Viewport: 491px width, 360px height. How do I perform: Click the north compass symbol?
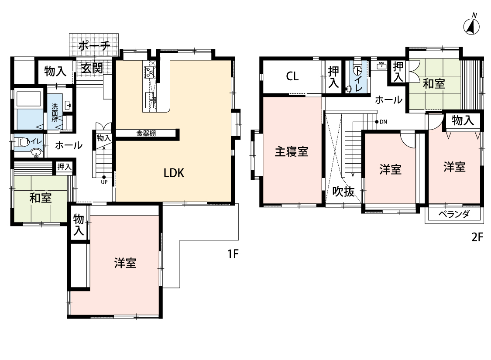coord(472,25)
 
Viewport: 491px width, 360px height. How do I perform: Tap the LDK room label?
coord(174,173)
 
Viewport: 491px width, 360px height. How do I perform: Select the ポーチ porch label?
coord(94,46)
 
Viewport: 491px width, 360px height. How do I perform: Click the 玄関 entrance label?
coord(92,69)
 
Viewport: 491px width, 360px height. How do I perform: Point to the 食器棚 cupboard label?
coord(146,134)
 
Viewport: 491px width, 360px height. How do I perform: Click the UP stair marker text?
coord(104,182)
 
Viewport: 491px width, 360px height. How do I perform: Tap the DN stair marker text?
coord(383,122)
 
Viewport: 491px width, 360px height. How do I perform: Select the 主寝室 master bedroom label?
coord(291,151)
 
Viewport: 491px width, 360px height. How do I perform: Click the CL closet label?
coord(292,76)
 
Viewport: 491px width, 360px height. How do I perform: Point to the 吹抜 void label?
coord(343,191)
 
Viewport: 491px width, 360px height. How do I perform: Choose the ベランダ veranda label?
coord(454,214)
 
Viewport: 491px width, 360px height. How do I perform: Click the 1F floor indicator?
coord(233,254)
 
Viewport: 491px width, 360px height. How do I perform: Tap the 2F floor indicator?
coord(477,237)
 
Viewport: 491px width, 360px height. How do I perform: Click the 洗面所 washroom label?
coord(55,113)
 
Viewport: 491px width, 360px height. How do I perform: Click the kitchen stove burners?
coord(149,72)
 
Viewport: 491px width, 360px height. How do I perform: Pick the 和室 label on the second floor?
coord(434,84)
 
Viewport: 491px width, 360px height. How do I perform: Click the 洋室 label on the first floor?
coord(125,263)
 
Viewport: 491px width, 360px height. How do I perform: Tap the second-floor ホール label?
coord(388,100)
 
